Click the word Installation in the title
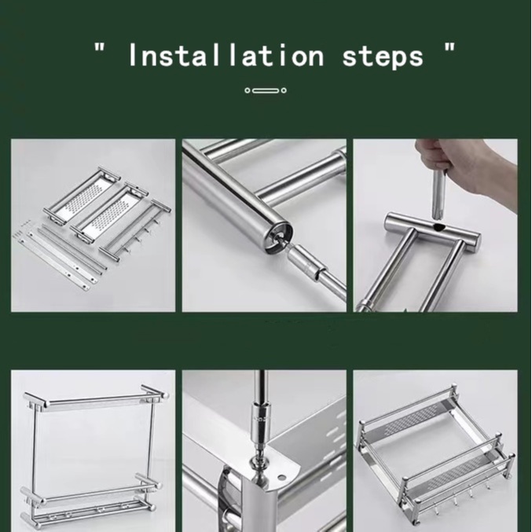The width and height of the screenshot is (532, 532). (x=226, y=54)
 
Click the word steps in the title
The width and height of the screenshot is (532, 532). (x=383, y=57)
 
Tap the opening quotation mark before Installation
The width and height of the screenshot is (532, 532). (x=100, y=47)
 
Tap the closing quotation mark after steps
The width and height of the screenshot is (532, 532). (x=449, y=47)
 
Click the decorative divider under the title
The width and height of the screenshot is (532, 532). (x=266, y=90)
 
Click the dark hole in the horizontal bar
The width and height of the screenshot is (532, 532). (x=440, y=227)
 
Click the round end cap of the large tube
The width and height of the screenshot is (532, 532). (x=278, y=238)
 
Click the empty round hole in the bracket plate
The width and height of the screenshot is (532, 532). (x=281, y=477)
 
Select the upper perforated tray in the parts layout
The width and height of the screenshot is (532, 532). (x=83, y=196)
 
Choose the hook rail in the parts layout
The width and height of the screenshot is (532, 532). (x=135, y=231)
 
